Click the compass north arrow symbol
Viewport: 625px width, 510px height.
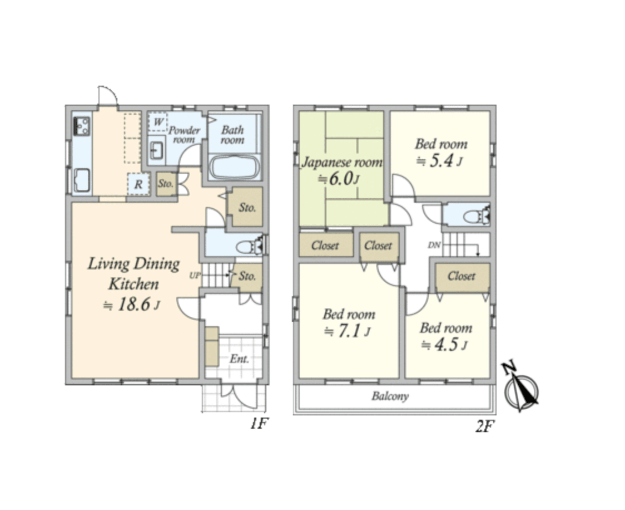pos(521,387)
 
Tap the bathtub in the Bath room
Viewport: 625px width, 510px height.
pos(235,168)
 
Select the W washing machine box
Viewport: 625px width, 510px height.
pos(158,122)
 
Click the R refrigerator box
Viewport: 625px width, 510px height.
pos(138,184)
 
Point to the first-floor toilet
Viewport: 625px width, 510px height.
pos(250,246)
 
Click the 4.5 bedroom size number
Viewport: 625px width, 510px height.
pos(446,345)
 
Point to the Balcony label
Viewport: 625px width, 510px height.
pos(390,396)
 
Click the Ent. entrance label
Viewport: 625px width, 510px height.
pos(240,359)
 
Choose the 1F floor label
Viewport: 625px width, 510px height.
pos(259,423)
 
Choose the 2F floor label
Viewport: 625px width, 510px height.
pos(485,426)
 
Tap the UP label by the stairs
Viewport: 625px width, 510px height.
pos(195,276)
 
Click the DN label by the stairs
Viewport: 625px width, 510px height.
pos(434,245)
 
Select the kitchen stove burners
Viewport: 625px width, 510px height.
pos(82,126)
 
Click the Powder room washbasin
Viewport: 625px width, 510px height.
pos(156,150)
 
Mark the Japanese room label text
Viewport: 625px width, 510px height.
pos(341,163)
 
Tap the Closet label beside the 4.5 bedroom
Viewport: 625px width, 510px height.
pos(462,276)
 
